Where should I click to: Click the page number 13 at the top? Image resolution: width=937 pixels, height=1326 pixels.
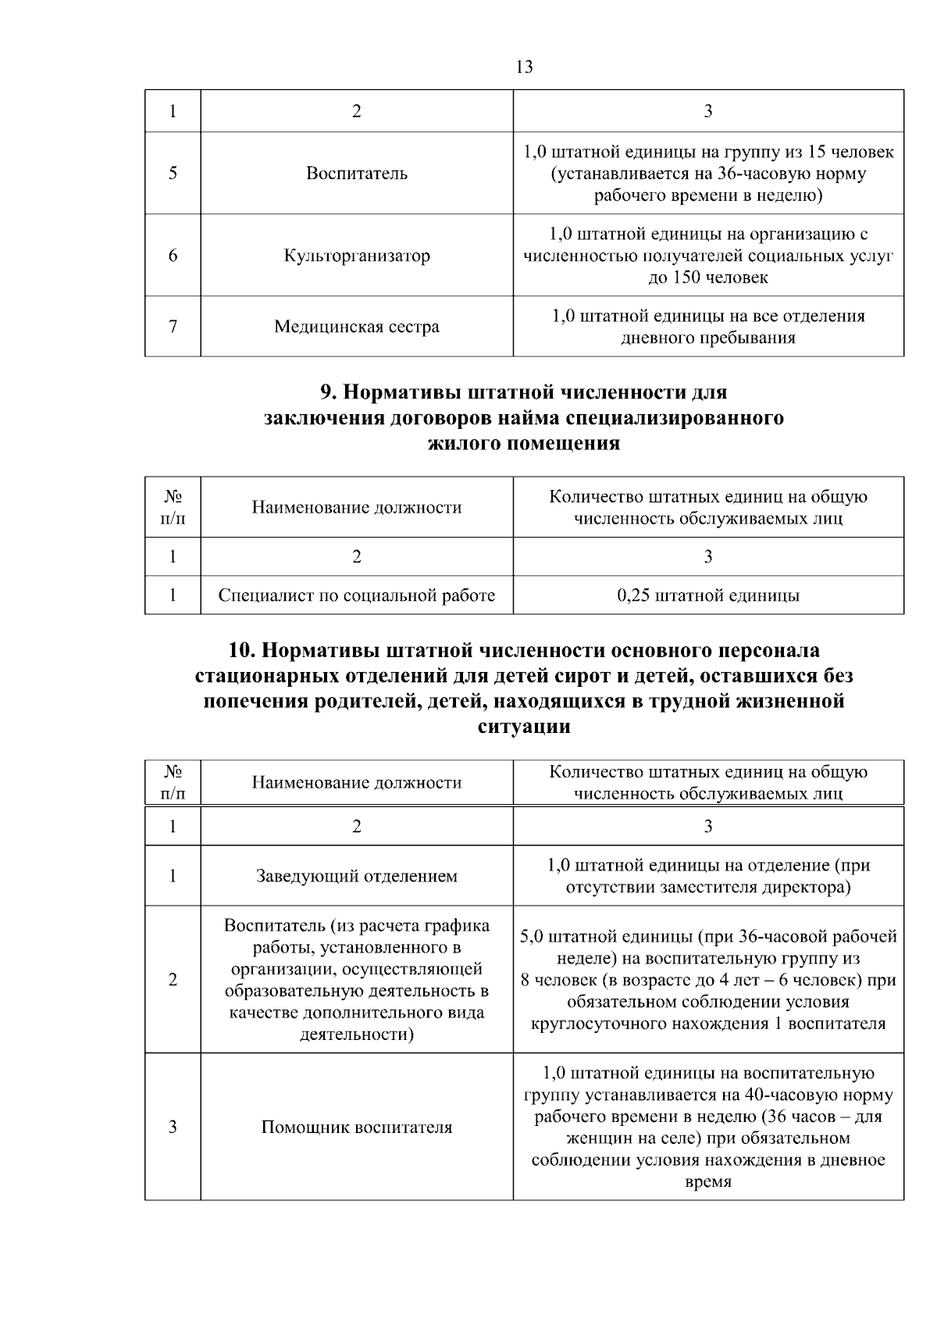coord(525,67)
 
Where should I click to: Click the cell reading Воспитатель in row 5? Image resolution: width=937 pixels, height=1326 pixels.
coord(356,173)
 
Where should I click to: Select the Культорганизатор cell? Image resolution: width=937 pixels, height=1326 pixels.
coord(356,256)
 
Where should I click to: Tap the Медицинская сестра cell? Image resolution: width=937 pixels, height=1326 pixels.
coord(356,327)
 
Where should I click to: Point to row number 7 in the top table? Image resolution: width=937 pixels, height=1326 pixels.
coord(173,327)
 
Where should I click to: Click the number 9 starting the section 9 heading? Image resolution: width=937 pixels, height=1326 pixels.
coord(326,391)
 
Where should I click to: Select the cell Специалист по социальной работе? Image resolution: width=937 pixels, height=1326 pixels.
coord(356,596)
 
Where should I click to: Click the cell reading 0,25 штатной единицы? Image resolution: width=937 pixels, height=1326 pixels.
coord(707,596)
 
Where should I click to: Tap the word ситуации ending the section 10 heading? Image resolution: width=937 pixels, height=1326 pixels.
coord(524,727)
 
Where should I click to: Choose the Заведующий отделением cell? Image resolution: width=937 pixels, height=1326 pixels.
coord(356,877)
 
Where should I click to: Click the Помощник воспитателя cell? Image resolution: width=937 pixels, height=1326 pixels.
coord(356,1128)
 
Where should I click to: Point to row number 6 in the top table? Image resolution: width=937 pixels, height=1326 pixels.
coord(173,256)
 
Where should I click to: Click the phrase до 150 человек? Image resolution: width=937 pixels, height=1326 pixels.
coord(707,277)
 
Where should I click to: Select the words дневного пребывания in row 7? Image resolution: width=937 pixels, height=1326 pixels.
coord(707,338)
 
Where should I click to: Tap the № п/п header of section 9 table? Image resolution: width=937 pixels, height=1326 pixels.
coord(173,507)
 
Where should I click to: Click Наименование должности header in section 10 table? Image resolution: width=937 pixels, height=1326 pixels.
coord(356,783)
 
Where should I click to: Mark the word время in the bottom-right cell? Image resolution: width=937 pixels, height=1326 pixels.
coord(707,1182)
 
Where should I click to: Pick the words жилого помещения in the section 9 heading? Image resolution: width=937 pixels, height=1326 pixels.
coord(524,444)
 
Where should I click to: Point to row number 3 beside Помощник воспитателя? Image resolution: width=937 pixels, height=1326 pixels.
coord(173,1128)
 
